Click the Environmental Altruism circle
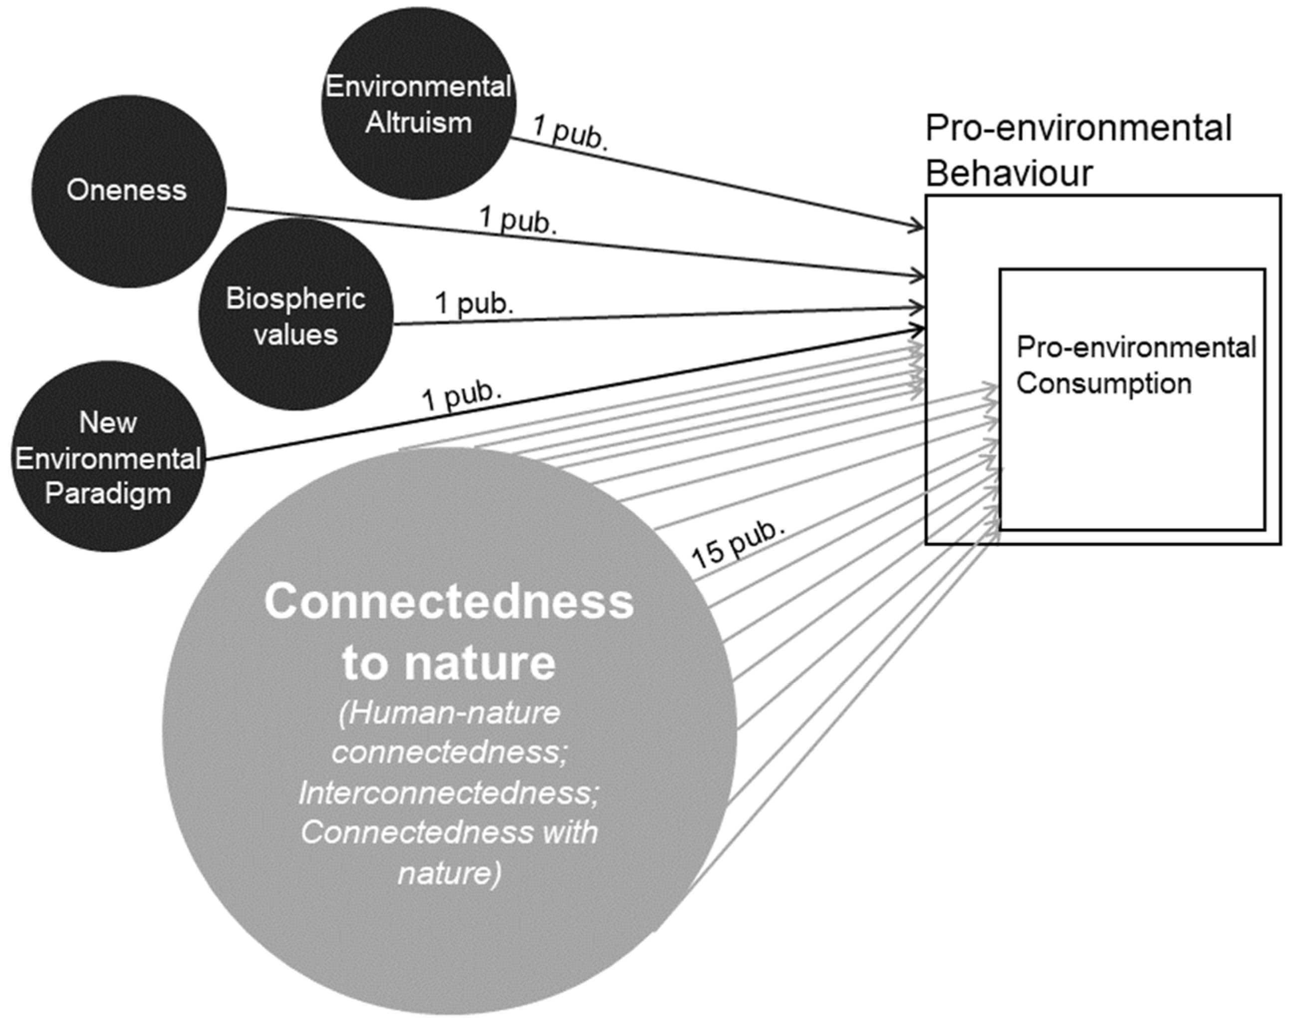pyautogui.click(x=418, y=103)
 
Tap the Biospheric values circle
pyautogui.click(x=295, y=315)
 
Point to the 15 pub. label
pyautogui.click(x=737, y=545)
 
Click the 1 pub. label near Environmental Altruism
pyautogui.click(x=571, y=133)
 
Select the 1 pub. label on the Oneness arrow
pyautogui.click(x=518, y=220)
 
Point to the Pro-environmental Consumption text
pyautogui.click(x=1136, y=365)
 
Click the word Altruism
pyautogui.click(x=418, y=123)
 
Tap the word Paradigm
pyautogui.click(x=108, y=494)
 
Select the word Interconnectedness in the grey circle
pyautogui.click(x=448, y=793)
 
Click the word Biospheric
pyautogui.click(x=295, y=298)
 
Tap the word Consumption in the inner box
pyautogui.click(x=1104, y=383)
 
